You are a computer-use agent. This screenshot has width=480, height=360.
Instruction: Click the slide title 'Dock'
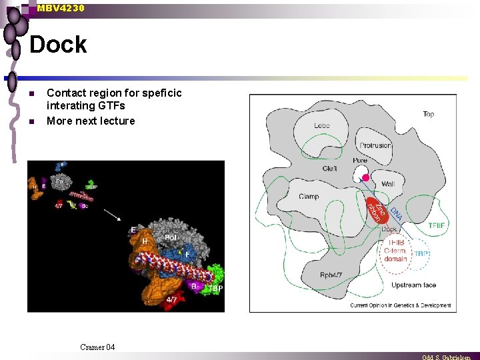[x=58, y=45]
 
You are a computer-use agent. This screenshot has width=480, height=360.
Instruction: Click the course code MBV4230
[x=61, y=8]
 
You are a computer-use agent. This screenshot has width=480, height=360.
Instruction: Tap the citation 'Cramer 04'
[x=97, y=347]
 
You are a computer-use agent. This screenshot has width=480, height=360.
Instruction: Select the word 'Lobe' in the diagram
[x=322, y=126]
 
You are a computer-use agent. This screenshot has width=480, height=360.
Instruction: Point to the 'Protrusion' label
[x=375, y=145]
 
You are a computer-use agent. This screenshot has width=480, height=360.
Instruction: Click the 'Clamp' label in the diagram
[x=309, y=196]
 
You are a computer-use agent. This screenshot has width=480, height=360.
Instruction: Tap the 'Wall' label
[x=388, y=183]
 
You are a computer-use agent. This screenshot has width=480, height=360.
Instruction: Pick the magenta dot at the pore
[x=365, y=178]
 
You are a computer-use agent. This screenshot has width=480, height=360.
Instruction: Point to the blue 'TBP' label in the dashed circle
[x=421, y=254]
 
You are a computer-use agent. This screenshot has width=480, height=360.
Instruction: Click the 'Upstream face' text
[x=413, y=285]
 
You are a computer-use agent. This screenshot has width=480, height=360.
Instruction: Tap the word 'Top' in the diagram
[x=428, y=114]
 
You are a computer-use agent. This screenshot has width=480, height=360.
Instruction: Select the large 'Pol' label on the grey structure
[x=171, y=237]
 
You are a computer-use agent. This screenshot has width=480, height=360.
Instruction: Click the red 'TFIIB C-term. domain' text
[x=395, y=251]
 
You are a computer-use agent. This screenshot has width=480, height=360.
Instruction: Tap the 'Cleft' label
[x=329, y=169]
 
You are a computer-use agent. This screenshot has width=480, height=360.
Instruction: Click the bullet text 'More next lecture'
[x=91, y=121]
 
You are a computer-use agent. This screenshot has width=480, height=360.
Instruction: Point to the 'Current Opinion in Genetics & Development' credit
[x=401, y=305]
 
